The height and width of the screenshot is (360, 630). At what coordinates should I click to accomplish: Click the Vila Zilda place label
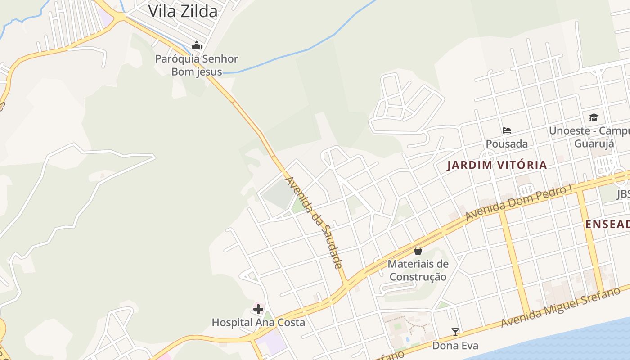click(183, 11)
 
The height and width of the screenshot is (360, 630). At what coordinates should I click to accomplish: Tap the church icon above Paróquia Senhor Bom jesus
click(197, 45)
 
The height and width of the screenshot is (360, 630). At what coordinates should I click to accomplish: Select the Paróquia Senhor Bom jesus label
click(197, 65)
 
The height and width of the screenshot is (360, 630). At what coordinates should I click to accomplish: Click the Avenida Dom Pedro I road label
click(518, 202)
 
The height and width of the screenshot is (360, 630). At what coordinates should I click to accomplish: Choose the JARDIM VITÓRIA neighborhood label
click(497, 165)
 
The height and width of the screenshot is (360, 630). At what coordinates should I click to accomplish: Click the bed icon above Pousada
click(507, 131)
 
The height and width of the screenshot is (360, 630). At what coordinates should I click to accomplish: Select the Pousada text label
click(507, 144)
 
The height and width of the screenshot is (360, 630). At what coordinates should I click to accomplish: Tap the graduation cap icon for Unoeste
click(594, 118)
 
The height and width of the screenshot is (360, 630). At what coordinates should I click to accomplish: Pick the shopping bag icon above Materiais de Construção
click(418, 251)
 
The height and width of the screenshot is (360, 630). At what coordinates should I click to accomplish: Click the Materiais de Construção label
click(418, 270)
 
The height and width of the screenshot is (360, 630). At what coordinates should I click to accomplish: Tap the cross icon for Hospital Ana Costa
click(258, 309)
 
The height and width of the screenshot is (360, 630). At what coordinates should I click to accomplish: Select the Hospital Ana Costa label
click(258, 323)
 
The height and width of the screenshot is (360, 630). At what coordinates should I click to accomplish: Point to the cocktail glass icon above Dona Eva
click(455, 332)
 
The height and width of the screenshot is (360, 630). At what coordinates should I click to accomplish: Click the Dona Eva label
click(455, 346)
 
